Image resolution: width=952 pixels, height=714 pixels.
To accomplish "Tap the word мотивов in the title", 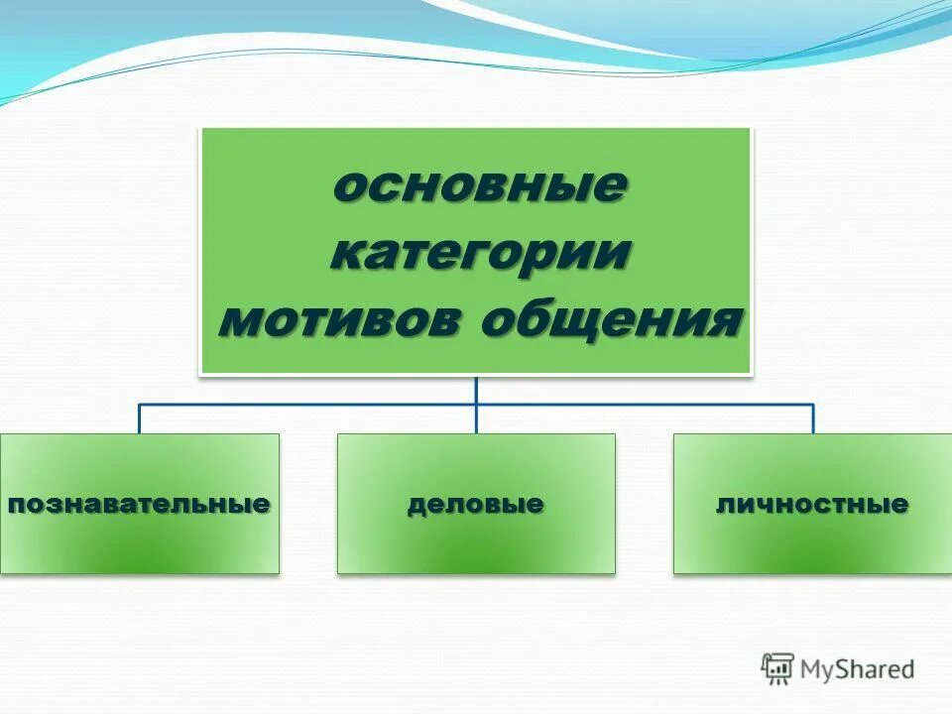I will pos(341,320).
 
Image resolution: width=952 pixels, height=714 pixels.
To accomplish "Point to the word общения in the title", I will pos(611,320).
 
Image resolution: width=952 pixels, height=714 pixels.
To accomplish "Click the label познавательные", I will pos(139,504).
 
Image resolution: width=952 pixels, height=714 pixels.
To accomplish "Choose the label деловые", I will pos(476,504).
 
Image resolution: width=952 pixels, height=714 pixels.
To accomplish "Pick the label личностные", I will pos(812,504).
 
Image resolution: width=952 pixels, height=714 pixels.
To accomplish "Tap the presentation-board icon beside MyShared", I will pos(778,669).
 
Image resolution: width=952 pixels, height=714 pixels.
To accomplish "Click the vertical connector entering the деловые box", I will pos(476,419).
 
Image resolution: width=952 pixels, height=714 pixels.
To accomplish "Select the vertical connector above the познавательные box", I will pos(139,419).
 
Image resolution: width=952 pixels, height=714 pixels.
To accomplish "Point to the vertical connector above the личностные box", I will pos(813,419).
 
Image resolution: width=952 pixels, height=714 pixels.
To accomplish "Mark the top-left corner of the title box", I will pos(202,128).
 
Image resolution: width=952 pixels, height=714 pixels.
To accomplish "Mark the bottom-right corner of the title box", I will pos(750,374).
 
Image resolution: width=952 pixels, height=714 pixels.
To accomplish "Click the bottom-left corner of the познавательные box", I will pos(1,572).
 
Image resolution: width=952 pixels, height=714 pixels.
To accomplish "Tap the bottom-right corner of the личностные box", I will pos(951,572).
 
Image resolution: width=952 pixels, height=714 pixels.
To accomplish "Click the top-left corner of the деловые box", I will pos(338,434).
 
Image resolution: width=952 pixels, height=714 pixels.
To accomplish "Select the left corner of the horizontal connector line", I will pos(139,405).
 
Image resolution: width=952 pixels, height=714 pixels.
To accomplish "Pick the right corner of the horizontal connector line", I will pos(813,405).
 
